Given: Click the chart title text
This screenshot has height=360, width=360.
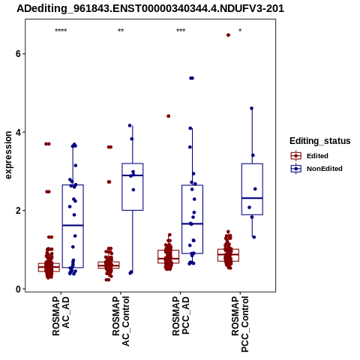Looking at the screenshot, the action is tap(150, 8).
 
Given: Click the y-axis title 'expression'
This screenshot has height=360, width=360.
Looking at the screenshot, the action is tap(8, 155).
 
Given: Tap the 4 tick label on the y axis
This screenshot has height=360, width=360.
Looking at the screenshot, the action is tap(18, 132).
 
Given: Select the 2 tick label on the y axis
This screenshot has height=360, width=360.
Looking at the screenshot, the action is tap(18, 211).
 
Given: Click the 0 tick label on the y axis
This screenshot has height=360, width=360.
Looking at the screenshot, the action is tap(18, 289).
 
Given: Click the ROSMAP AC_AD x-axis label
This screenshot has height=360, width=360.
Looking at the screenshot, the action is tap(61, 316).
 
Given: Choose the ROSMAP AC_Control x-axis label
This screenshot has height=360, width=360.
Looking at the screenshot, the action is tap(121, 321).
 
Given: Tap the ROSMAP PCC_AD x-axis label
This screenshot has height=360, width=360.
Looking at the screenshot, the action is tap(181, 316).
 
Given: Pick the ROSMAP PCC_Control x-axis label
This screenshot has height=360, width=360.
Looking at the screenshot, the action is tap(240, 324).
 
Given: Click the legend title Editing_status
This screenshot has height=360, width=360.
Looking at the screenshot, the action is tap(320, 141).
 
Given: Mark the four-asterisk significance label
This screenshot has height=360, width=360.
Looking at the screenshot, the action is tap(61, 31).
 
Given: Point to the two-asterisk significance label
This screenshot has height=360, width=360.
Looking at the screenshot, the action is tap(121, 31).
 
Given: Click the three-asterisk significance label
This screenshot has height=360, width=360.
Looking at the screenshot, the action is tap(181, 31).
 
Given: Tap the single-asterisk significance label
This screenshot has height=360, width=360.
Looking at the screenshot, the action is tap(240, 31).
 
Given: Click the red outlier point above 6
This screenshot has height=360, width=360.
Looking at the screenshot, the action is tap(228, 35).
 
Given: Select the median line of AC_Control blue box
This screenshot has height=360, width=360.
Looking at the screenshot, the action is tap(133, 175).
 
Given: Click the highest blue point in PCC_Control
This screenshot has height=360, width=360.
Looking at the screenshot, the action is tap(252, 108).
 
